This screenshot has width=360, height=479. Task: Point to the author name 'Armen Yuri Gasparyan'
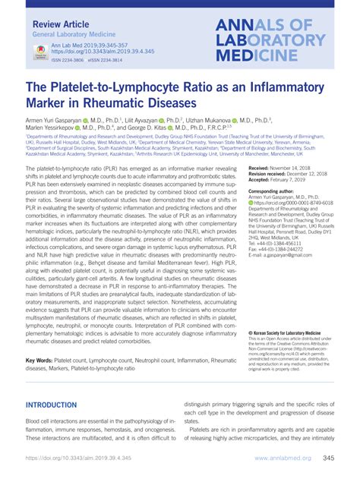pyautogui.click(x=54, y=119)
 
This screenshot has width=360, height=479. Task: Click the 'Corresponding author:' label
pyautogui.click(x=277, y=192)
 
